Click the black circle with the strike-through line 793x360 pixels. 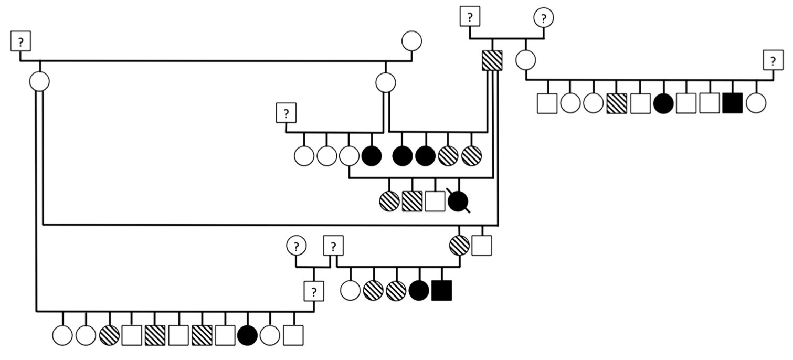(x=458, y=201)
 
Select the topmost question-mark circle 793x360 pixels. (x=544, y=17)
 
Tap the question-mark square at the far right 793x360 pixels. (x=773, y=61)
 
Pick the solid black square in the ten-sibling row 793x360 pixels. (x=732, y=103)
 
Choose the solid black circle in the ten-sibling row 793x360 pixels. (x=663, y=103)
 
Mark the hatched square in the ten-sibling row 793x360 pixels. (x=617, y=103)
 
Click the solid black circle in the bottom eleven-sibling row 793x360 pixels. (x=247, y=335)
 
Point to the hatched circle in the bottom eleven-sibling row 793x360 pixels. (x=109, y=335)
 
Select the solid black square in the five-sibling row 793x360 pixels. (x=441, y=290)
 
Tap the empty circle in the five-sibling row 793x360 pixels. (x=350, y=290)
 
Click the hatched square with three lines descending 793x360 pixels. (x=492, y=60)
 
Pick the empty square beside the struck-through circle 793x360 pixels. (x=435, y=201)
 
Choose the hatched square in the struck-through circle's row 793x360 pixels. (x=412, y=201)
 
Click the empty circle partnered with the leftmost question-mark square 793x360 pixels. (x=411, y=40)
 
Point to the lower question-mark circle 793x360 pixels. (x=297, y=245)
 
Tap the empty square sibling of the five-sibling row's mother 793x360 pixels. (x=482, y=245)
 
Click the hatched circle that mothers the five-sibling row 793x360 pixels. (x=460, y=245)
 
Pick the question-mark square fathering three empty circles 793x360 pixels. (x=287, y=112)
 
